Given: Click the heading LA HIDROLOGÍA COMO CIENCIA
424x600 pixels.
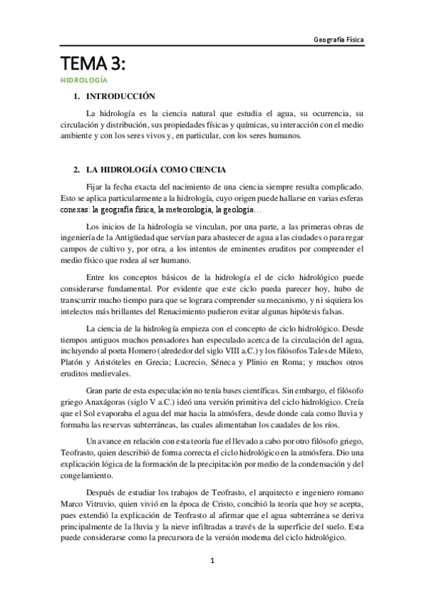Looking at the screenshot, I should pos(156,171).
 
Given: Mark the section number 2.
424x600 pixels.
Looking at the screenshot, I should pos(76,171).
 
